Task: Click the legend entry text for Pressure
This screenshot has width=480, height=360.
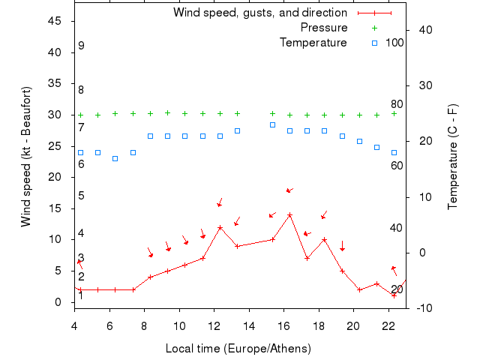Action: click(324, 28)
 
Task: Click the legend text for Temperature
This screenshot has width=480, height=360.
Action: click(313, 42)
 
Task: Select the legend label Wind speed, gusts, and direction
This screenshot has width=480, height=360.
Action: click(260, 13)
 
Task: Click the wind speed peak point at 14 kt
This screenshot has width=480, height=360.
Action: click(289, 215)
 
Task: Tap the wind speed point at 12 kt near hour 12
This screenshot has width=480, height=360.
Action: click(220, 227)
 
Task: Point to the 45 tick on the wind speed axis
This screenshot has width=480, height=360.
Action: click(55, 21)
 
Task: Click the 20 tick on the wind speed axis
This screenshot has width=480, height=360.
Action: click(55, 178)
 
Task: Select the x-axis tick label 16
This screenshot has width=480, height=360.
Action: click(284, 325)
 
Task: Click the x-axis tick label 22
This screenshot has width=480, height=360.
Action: click(388, 325)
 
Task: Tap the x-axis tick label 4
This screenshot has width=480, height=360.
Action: click(74, 325)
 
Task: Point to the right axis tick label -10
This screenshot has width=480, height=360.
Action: click(424, 307)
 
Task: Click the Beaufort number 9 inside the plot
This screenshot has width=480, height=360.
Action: click(81, 46)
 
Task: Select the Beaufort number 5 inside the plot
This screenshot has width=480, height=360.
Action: click(81, 196)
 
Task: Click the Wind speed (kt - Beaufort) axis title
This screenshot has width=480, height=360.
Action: click(25, 156)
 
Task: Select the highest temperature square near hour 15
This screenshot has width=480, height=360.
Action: click(272, 124)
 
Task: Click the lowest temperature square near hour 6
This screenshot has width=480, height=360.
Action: click(115, 158)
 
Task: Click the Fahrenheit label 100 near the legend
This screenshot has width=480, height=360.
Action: click(394, 42)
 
